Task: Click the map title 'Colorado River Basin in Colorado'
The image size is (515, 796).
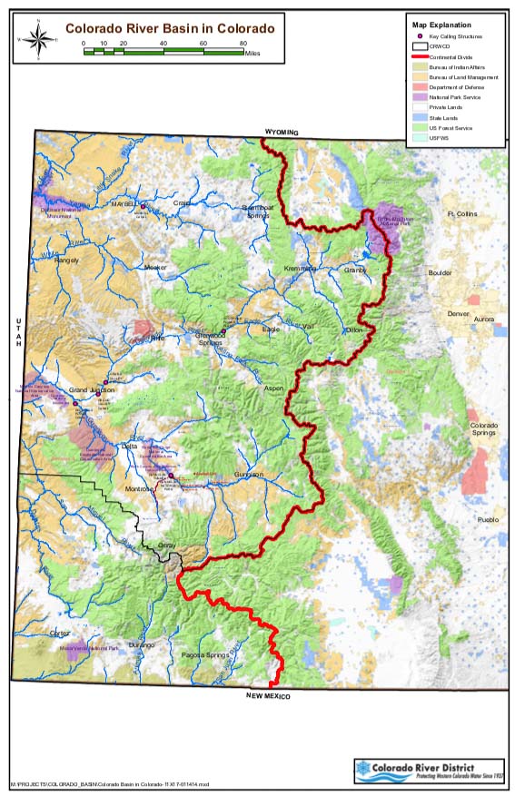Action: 169,28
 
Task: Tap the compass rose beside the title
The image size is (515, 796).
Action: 37,39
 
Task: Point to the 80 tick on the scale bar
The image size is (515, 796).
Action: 243,44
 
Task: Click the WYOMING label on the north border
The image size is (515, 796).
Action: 282,132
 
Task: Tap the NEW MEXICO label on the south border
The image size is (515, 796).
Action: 268,695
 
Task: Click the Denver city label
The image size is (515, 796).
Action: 457,314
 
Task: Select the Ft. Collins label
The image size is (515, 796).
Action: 461,214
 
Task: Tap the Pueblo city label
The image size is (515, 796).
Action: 489,520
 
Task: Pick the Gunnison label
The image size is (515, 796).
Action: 247,475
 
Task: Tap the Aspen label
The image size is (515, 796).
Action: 274,388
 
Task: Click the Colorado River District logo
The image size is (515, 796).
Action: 428,771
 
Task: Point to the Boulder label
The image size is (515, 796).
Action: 440,272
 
